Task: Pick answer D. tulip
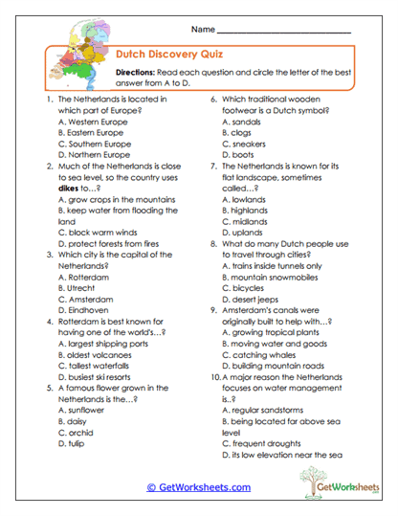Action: (x=75, y=443)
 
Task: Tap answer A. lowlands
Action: (x=244, y=199)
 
